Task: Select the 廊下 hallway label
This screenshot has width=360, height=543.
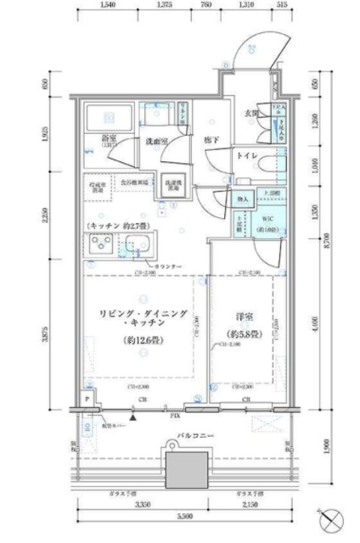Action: [212, 140]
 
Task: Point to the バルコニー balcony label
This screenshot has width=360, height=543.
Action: [194, 437]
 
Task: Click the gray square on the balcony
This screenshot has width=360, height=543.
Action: [185, 467]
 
